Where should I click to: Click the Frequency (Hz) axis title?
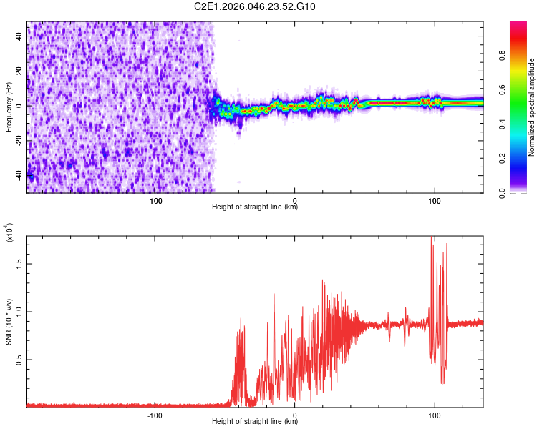pyautogui.click(x=9, y=107)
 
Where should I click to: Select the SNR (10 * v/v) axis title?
pyautogui.click(x=9, y=321)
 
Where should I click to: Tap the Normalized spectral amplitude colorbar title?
pyautogui.click(x=532, y=108)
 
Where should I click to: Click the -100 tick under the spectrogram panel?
pyautogui.click(x=155, y=199)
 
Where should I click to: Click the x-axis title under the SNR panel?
pyautogui.click(x=255, y=423)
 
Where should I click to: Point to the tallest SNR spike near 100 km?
pyautogui.click(x=431, y=237)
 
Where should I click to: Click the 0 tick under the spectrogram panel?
pyautogui.click(x=294, y=199)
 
